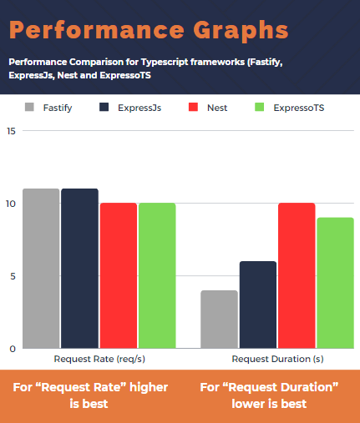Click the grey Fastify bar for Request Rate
point(41,268)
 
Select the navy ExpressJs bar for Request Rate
point(79,268)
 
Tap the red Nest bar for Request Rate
point(119,275)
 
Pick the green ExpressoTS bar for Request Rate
point(157,275)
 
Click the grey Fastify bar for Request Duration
point(219,319)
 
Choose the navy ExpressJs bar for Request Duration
point(258,305)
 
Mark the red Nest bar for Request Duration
point(297,275)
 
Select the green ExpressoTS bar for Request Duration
point(335,283)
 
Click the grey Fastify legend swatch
point(30,107)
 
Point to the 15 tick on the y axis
point(10,131)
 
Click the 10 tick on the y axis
point(10,204)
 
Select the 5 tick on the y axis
point(10,276)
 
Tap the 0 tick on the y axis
point(12,348)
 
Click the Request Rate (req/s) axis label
point(98,359)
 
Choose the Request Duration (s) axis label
point(277,359)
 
